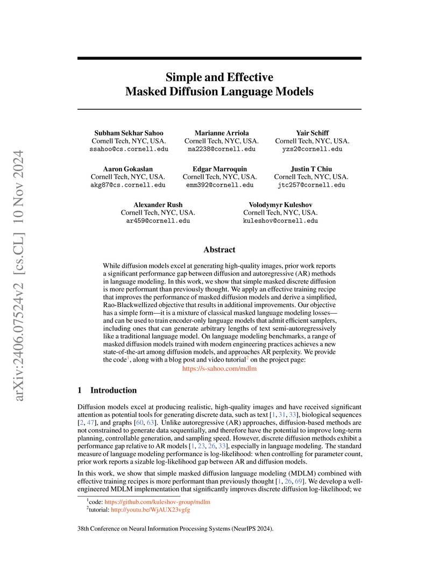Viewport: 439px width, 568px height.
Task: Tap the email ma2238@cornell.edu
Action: click(218, 149)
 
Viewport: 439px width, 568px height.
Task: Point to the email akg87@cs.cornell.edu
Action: click(128, 185)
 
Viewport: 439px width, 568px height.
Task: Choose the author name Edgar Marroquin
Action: click(218, 168)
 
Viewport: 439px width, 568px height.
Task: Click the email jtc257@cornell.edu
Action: click(311, 185)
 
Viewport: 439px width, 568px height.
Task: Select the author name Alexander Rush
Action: click(158, 204)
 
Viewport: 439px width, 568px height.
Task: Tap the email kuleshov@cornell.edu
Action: click(280, 221)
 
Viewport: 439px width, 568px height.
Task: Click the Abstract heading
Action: click(219, 250)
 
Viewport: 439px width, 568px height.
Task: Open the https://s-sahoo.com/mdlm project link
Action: click(219, 369)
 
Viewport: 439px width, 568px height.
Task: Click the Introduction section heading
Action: click(113, 390)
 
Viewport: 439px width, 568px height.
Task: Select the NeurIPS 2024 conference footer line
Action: click(176, 529)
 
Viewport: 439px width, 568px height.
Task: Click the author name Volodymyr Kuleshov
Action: click(280, 204)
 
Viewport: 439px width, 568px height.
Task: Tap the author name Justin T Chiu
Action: click(311, 168)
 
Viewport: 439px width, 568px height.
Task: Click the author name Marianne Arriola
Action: click(218, 132)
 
